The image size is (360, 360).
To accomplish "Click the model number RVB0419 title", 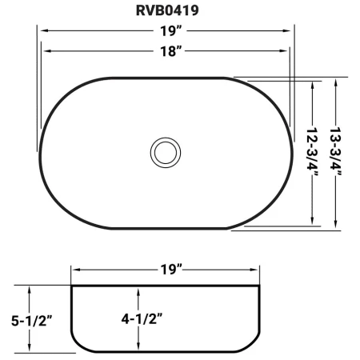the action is pos(167,10).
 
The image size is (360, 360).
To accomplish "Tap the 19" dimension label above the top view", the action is pos(170,31).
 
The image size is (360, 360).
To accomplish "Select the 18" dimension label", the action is pos(170,51).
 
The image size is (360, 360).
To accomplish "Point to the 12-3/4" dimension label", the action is pos(312,152).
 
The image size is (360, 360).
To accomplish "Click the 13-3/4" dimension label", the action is pos(335,152).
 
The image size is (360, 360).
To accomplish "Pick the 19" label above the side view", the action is pos(171,270).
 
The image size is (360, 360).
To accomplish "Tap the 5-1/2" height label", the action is pos(31,321).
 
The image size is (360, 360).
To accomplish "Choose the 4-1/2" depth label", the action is pos(142,318).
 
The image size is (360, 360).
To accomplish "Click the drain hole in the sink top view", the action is pos(166,153).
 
